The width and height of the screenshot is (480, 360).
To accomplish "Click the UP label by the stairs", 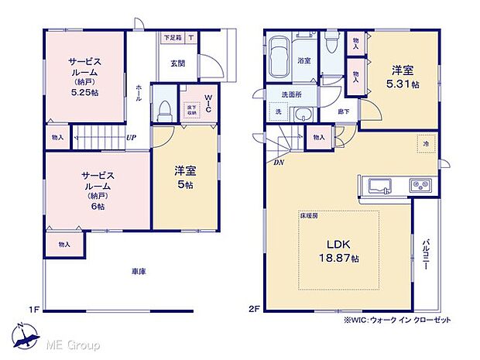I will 132,139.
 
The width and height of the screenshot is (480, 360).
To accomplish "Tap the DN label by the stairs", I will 277,163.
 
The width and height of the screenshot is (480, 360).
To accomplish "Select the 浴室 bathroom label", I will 304,60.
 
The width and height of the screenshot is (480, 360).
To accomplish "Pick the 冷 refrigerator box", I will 425,143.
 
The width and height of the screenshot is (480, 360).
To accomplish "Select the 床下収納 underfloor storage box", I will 187,108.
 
